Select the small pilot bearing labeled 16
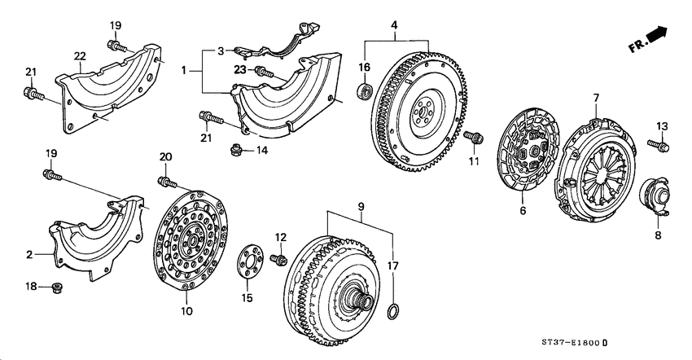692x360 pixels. pyautogui.click(x=366, y=89)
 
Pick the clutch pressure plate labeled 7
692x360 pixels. pyautogui.click(x=594, y=168)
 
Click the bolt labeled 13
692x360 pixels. pyautogui.click(x=660, y=147)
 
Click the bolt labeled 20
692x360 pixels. pyautogui.click(x=166, y=180)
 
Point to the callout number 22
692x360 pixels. pyautogui.click(x=80, y=55)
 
